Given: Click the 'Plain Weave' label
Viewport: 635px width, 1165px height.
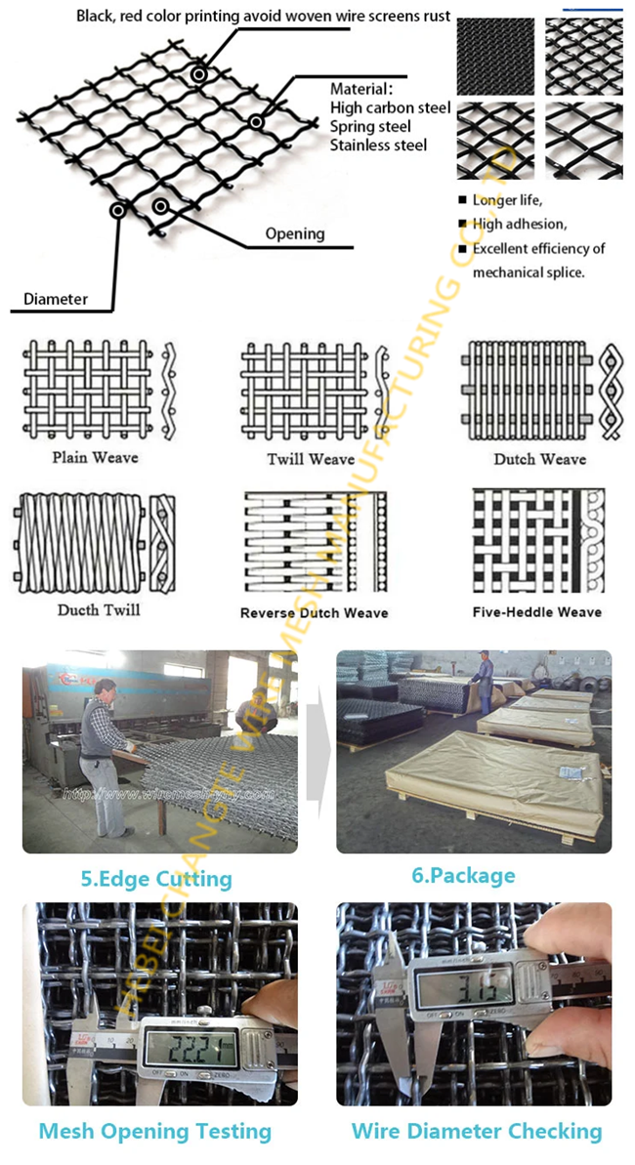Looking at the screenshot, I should tap(95, 457).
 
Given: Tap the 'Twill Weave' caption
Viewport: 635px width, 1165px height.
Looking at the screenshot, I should tap(310, 458).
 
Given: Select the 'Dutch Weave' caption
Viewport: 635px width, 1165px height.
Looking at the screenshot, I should tap(539, 459).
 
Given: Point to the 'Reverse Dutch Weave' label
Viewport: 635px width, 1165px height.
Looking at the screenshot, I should tap(314, 613).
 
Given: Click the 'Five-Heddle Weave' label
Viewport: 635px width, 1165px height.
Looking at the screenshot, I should tap(537, 612).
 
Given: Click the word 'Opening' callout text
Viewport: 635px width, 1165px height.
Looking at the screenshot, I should tap(294, 233).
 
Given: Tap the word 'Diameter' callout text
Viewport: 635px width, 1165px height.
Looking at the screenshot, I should tap(55, 298).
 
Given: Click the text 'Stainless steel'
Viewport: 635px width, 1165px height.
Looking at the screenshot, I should tap(378, 146).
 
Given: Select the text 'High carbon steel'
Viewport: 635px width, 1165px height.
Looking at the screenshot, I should tap(390, 107).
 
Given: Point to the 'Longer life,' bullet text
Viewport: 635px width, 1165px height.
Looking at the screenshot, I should tap(508, 200).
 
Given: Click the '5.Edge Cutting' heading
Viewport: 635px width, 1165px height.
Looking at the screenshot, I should tap(156, 879).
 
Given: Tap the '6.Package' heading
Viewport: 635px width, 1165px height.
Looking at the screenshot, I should tap(462, 875).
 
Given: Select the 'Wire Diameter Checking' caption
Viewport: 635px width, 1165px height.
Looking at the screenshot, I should tap(477, 1132).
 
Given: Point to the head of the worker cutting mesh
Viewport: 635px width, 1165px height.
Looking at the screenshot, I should tap(105, 690).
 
